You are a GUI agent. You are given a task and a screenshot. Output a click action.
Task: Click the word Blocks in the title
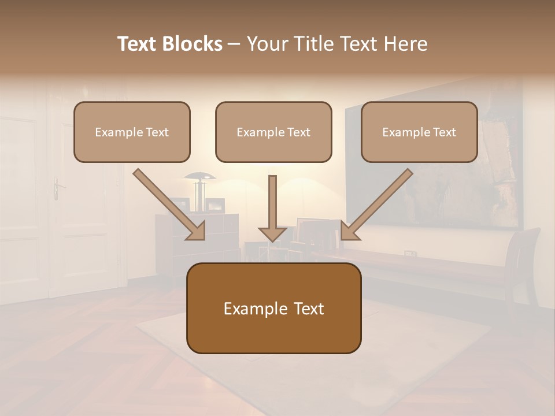tap(192, 44)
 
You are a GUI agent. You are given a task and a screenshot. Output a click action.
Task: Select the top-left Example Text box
tap(132, 132)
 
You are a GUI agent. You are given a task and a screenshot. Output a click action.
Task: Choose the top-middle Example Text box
tap(273, 132)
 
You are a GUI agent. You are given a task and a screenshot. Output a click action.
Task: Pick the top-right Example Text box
tap(419, 132)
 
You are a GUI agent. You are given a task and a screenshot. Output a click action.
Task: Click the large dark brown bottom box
tap(273, 309)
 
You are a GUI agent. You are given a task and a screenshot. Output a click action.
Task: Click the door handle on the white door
tap(57, 186)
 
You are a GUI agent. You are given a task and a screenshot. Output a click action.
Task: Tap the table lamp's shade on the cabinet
tap(199, 176)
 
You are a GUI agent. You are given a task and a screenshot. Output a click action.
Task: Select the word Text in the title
tap(137, 44)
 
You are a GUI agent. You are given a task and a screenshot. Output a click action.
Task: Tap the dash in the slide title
tap(234, 44)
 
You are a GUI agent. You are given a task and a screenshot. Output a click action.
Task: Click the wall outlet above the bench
tap(409, 253)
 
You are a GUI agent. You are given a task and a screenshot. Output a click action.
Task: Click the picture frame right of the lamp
tap(216, 205)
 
